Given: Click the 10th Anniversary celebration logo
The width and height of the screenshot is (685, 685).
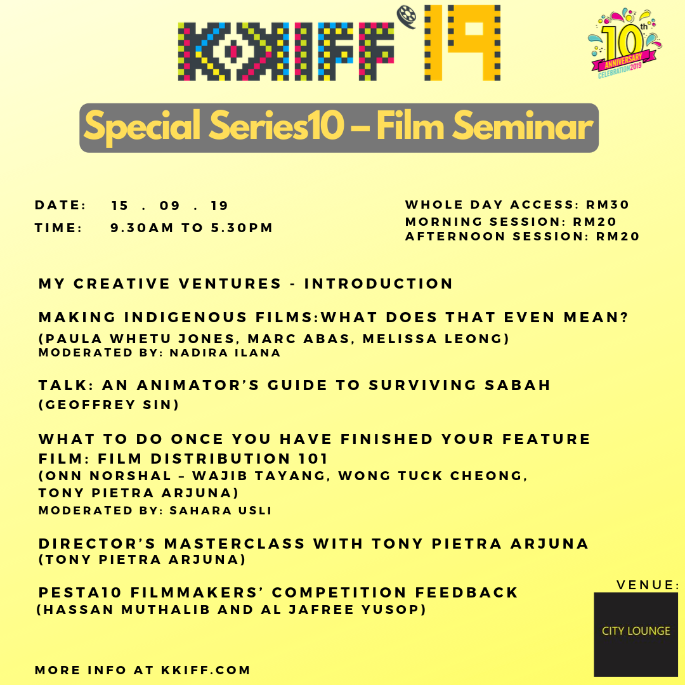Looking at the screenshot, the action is click(624, 43).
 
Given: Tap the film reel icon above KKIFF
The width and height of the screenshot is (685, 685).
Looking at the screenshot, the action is click(407, 16).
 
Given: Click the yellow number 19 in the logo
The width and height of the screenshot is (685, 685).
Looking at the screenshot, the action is click(462, 43).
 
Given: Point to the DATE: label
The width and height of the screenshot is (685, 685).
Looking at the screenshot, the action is click(60, 205).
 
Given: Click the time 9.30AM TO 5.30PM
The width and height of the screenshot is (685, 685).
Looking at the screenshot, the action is click(192, 228).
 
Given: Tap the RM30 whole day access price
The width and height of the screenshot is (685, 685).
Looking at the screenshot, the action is click(607, 204).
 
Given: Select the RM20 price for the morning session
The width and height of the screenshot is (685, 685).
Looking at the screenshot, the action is click(594, 221).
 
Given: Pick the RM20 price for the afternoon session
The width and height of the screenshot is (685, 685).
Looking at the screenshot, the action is click(618, 237).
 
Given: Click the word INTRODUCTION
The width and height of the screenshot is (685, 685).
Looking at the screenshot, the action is click(378, 284).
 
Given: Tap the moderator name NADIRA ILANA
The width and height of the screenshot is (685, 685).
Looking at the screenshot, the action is click(225, 353).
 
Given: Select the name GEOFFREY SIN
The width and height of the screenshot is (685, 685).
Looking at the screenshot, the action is click(109, 405).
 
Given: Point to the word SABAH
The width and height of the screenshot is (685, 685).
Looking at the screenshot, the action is click(518, 385).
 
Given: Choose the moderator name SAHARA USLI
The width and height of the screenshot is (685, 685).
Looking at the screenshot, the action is click(221, 510).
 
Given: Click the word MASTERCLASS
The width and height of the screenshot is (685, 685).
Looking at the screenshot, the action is click(235, 544).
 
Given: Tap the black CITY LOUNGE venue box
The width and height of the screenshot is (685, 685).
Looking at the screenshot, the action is click(636, 634).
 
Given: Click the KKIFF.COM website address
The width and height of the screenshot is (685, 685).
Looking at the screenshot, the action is click(205, 670).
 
